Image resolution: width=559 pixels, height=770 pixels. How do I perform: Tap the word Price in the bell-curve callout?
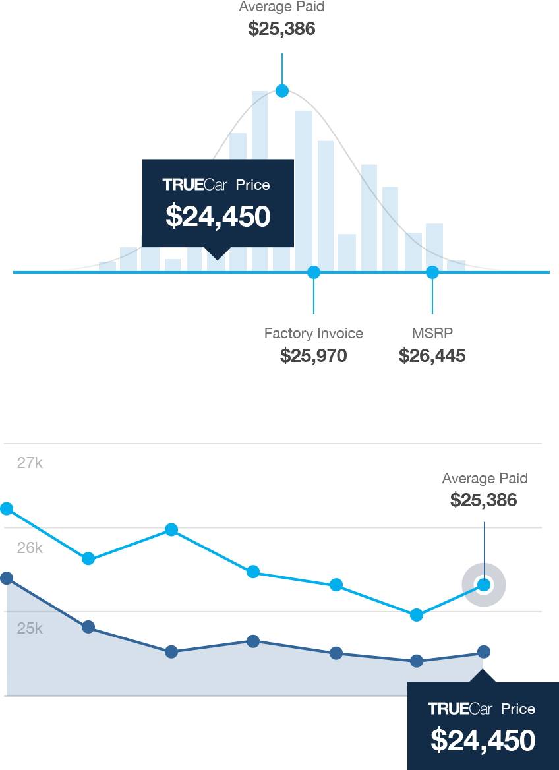pyautogui.click(x=253, y=185)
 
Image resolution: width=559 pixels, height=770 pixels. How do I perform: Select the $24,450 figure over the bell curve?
pyautogui.click(x=218, y=216)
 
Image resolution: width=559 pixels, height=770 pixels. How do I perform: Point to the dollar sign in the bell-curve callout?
pyautogui.click(x=173, y=216)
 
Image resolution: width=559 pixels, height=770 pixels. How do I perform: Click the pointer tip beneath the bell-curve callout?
pyautogui.click(x=218, y=258)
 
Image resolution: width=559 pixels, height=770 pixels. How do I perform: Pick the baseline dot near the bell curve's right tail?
pyautogui.click(x=432, y=268)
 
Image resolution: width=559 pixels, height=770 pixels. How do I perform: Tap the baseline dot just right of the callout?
pyautogui.click(x=315, y=268)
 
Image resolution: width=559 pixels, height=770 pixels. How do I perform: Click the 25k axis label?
pyautogui.click(x=30, y=628)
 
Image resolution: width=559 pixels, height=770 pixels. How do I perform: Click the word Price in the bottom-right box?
pyautogui.click(x=518, y=709)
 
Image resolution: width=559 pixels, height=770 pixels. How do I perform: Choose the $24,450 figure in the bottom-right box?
pyautogui.click(x=483, y=740)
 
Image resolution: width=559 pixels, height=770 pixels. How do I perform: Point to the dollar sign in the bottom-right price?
pyautogui.click(x=438, y=740)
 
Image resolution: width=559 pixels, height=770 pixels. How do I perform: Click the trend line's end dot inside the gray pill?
pyautogui.click(x=486, y=584)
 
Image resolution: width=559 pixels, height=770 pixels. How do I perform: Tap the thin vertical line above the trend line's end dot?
pyautogui.click(x=486, y=547)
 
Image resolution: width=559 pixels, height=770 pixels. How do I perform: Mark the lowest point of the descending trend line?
pyautogui.click(x=416, y=616)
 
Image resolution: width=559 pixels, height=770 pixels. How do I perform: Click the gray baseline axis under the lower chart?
pyautogui.click(x=204, y=696)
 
